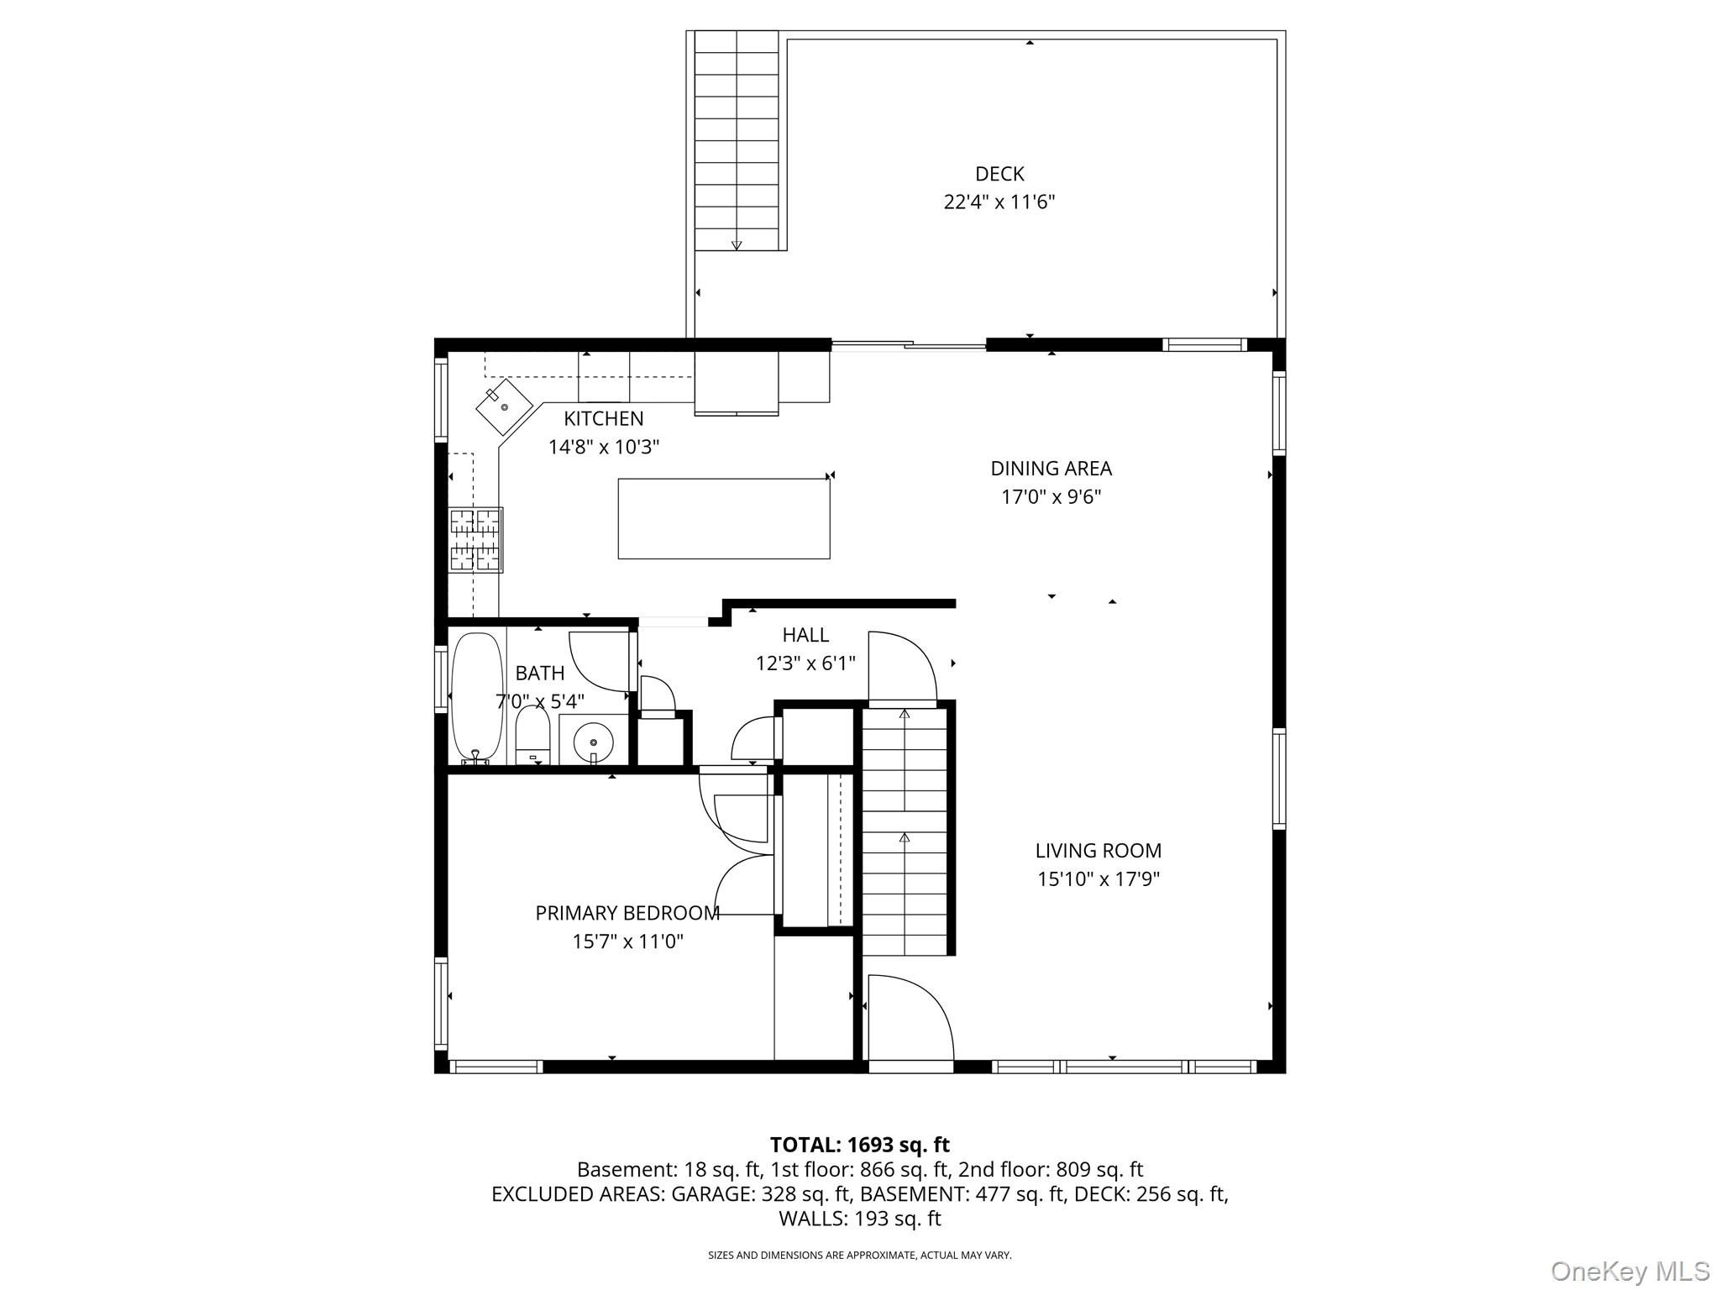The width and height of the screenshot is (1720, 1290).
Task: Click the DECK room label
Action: pyautogui.click(x=999, y=174)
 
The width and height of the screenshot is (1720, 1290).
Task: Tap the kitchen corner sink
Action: pyautogui.click(x=504, y=406)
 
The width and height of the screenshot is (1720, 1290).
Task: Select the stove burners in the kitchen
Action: pyautogui.click(x=475, y=540)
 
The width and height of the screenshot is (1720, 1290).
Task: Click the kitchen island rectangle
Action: pyautogui.click(x=724, y=518)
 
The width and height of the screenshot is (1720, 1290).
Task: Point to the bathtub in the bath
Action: pyautogui.click(x=477, y=697)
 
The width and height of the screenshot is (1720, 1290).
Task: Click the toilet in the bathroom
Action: pyautogui.click(x=532, y=735)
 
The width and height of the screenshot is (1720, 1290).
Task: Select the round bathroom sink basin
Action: pyautogui.click(x=594, y=742)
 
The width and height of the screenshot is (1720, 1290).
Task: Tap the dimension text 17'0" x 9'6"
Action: pyautogui.click(x=1051, y=497)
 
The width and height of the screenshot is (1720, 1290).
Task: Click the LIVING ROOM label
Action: pyautogui.click(x=1098, y=851)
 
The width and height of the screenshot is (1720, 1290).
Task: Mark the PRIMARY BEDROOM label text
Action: pyautogui.click(x=627, y=913)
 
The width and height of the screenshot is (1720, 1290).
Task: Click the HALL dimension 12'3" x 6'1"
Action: pyautogui.click(x=805, y=663)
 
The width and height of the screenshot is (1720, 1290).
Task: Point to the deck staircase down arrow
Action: pyautogui.click(x=737, y=244)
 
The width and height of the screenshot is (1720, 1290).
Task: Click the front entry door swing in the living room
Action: pyautogui.click(x=909, y=1018)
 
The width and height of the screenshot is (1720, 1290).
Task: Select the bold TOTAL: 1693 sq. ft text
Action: pyautogui.click(x=859, y=1145)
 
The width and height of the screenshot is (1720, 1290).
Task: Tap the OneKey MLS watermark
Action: pyautogui.click(x=1629, y=1271)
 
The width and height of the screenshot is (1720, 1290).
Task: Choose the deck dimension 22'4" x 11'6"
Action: pyautogui.click(x=999, y=202)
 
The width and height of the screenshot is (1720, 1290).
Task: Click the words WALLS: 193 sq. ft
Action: pyautogui.click(x=859, y=1219)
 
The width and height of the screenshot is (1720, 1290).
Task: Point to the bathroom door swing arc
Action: pyautogui.click(x=598, y=661)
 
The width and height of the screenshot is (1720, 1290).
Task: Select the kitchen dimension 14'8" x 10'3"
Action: pyautogui.click(x=603, y=447)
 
